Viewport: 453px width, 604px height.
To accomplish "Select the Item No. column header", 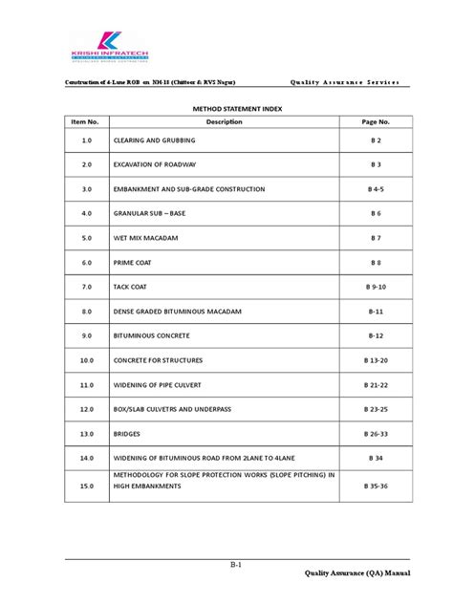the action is pos(85,122).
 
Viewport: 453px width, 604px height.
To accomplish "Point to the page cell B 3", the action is pos(377,164).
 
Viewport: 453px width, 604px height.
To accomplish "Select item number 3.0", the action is pos(85,189).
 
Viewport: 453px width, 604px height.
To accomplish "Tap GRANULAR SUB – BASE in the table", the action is pos(152,214).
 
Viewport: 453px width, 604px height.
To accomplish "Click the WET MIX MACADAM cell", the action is pos(146,238).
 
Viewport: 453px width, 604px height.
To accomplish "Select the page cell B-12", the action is pos(377,336).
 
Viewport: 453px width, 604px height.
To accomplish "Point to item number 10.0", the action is pos(85,361).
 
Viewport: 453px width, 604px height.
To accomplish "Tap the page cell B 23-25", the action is pos(377,410).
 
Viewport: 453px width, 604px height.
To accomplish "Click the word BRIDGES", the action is pos(129,434).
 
